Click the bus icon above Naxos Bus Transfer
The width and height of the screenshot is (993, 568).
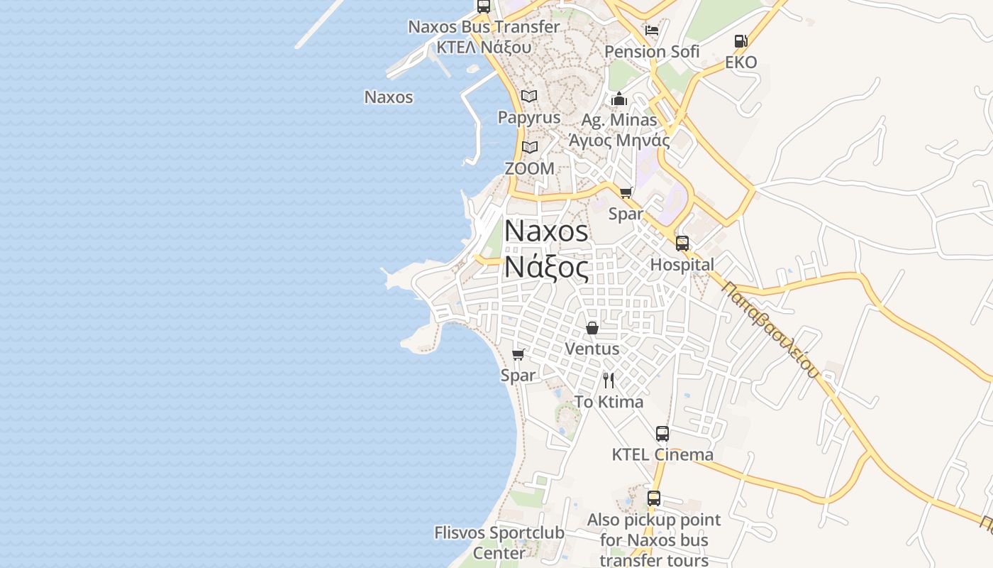pyautogui.click(x=484, y=6)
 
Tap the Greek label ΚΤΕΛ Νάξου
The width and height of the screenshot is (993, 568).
pyautogui.click(x=484, y=47)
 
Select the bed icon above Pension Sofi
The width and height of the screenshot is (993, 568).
pyautogui.click(x=652, y=31)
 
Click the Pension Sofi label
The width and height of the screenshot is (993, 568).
pyautogui.click(x=652, y=51)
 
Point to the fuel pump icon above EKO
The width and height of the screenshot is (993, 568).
pyautogui.click(x=741, y=41)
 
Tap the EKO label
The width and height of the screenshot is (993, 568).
pyautogui.click(x=741, y=62)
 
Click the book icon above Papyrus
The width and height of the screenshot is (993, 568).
pyautogui.click(x=529, y=96)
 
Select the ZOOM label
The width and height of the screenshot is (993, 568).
pyautogui.click(x=529, y=169)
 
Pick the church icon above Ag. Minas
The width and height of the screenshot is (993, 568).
pyautogui.click(x=619, y=99)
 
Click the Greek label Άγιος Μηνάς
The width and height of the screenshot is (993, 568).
pyautogui.click(x=619, y=140)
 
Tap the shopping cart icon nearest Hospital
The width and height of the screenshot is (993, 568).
pyautogui.click(x=626, y=192)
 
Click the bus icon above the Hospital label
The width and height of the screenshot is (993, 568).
pyautogui.click(x=682, y=244)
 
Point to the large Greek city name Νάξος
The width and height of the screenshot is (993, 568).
pyautogui.click(x=546, y=268)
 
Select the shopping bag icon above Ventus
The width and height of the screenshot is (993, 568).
pyautogui.click(x=592, y=328)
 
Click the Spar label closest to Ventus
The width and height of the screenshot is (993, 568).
pyautogui.click(x=518, y=375)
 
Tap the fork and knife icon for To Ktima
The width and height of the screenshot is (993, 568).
pyautogui.click(x=609, y=381)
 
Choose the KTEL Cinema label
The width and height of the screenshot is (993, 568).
pyautogui.click(x=662, y=454)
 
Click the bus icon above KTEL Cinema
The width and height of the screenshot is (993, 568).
pyautogui.click(x=662, y=433)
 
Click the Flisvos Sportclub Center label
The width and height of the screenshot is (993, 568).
pyautogui.click(x=499, y=542)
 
